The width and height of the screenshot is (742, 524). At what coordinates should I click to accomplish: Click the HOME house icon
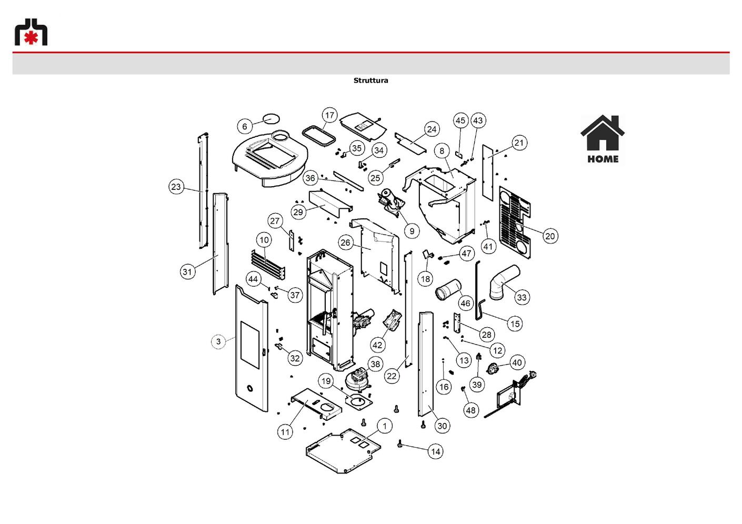click(x=603, y=139)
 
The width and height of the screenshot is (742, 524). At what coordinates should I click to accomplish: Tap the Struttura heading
click(x=370, y=80)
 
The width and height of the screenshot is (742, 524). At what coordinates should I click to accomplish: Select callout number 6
click(x=245, y=126)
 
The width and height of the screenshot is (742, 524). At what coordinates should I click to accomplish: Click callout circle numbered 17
click(x=329, y=115)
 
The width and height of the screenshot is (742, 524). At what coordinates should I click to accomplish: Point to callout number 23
click(x=176, y=187)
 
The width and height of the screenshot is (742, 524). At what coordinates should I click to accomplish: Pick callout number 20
click(x=550, y=236)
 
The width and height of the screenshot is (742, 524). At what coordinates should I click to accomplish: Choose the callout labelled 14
click(x=436, y=451)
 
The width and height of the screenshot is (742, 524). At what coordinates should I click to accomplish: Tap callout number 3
click(x=218, y=341)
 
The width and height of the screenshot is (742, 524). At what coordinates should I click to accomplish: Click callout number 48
click(x=470, y=410)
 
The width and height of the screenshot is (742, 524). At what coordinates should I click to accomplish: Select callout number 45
click(x=460, y=120)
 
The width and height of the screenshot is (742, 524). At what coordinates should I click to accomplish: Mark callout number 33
click(x=522, y=297)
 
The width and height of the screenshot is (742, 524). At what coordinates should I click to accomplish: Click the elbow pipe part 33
click(x=504, y=282)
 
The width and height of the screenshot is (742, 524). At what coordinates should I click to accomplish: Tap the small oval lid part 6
click(x=272, y=118)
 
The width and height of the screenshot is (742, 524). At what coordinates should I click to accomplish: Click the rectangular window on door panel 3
click(x=250, y=345)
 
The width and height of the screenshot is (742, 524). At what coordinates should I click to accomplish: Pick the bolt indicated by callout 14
click(x=400, y=443)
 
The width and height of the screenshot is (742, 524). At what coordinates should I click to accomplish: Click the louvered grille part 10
click(x=268, y=264)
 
